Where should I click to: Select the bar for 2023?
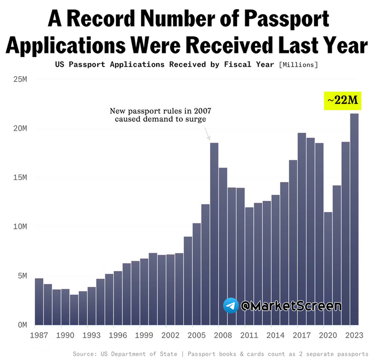click(354, 219)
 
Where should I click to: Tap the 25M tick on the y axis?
click(20, 80)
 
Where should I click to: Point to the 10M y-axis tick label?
click(20, 226)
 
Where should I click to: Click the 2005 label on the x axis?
click(196, 335)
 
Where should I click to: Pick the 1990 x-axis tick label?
click(65, 335)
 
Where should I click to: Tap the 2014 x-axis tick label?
click(275, 335)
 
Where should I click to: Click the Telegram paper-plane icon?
click(231, 306)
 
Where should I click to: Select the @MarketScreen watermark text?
click(291, 306)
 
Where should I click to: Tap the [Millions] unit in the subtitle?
click(298, 65)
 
